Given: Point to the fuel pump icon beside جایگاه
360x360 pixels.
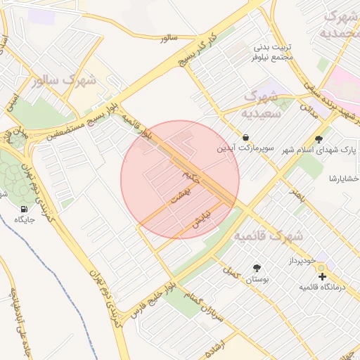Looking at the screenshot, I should tap(25, 210).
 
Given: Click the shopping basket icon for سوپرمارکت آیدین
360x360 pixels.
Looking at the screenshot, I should tap(245, 136).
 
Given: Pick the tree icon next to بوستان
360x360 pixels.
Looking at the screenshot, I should tap(256, 268).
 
